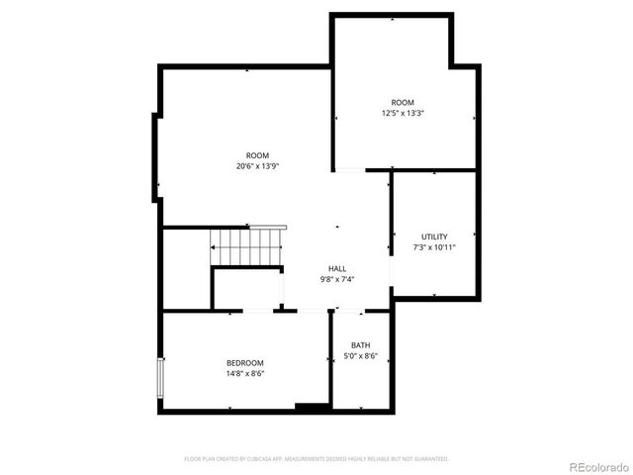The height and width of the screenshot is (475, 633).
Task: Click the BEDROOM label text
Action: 245,364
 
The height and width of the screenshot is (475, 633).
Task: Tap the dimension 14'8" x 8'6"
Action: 245,374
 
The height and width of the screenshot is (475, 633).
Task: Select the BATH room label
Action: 360,345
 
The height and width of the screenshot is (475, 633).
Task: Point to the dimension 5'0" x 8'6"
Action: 360,355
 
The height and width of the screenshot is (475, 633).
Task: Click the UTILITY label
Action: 434,237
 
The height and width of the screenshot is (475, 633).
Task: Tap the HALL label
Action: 337,269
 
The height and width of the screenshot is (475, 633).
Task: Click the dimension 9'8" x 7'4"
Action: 337,279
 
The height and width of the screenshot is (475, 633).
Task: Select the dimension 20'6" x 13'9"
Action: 257,165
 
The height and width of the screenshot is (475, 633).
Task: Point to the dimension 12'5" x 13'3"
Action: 403,113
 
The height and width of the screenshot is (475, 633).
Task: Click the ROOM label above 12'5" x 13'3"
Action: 403,103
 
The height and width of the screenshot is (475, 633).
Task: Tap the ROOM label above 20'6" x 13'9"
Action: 257,155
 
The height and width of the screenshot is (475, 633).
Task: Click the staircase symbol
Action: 248,245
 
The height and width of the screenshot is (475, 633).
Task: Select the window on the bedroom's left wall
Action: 160,378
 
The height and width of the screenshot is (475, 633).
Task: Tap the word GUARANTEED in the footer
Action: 431,459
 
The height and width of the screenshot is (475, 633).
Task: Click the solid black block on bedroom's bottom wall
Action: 313,407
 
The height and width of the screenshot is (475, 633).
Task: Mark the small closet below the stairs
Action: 247,289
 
